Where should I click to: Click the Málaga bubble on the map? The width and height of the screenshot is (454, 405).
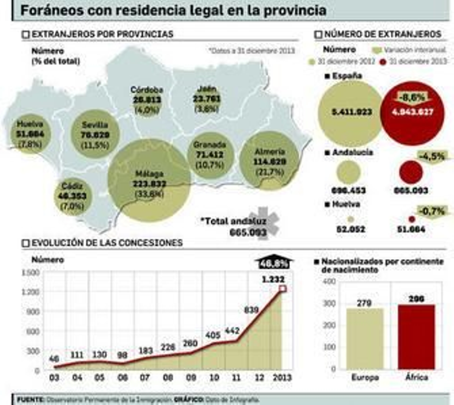pyautogui.click(x=149, y=180)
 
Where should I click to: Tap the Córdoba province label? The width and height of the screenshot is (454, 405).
pyautogui.click(x=147, y=90)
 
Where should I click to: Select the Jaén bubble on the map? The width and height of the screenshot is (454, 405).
pyautogui.click(x=207, y=99)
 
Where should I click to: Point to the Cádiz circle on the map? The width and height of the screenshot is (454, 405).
pyautogui.click(x=73, y=196)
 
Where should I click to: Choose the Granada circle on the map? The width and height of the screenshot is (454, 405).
pyautogui.click(x=210, y=155)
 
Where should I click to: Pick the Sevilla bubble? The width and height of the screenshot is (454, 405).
pyautogui.click(x=95, y=134)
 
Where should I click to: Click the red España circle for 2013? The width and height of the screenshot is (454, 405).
pyautogui.click(x=412, y=113)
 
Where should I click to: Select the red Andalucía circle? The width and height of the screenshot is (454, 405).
pyautogui.click(x=411, y=172)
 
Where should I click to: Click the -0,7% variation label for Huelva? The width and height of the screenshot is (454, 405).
pyautogui.click(x=432, y=212)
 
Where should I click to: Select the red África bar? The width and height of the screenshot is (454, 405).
pyautogui.click(x=416, y=337)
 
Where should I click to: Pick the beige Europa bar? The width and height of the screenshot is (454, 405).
pyautogui.click(x=365, y=339)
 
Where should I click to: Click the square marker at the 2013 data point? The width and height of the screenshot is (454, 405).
pyautogui.click(x=283, y=289)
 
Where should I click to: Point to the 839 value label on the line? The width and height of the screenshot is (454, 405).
pyautogui.click(x=251, y=310)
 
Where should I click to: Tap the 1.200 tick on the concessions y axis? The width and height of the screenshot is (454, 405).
pyautogui.click(x=30, y=292)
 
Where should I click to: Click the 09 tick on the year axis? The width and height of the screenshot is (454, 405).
pyautogui.click(x=191, y=377)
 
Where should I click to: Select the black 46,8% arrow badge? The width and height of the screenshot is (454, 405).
pyautogui.click(x=274, y=263)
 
